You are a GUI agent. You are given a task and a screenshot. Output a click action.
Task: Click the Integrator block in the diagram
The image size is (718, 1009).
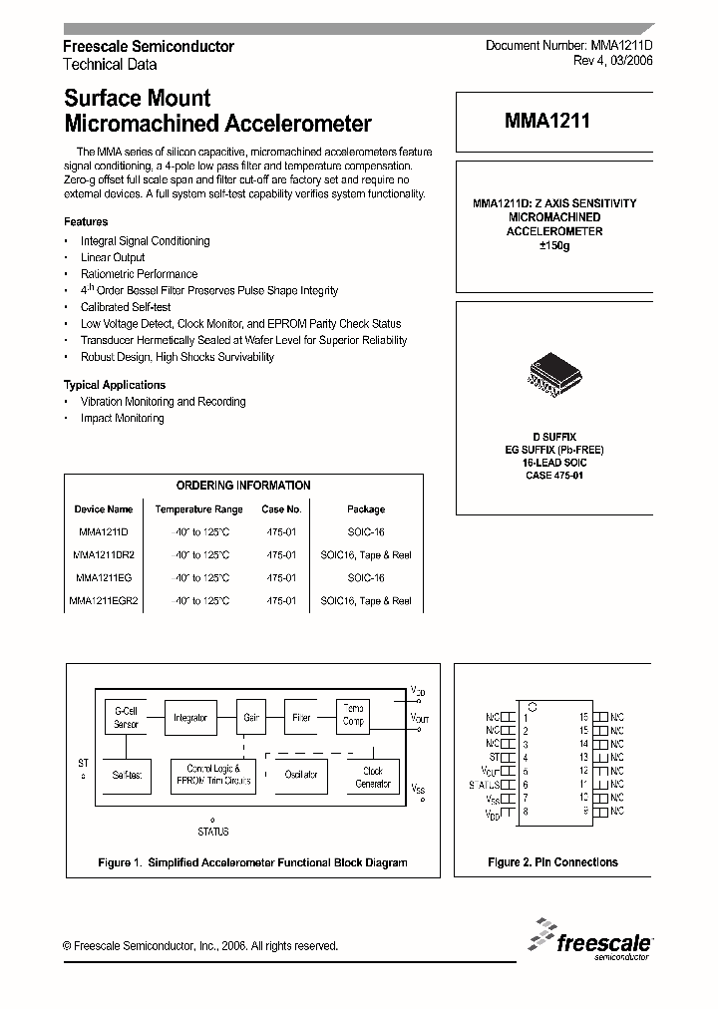point(189,717)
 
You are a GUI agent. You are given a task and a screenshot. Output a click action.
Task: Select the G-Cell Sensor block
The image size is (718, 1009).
point(126,717)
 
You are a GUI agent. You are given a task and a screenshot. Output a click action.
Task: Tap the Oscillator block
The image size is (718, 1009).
point(301,775)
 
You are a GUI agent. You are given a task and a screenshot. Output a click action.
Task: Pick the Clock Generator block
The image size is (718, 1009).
point(373,777)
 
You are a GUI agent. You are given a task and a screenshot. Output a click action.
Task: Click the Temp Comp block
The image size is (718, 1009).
point(354,714)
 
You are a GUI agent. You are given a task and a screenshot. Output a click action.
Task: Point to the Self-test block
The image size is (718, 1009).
point(126,775)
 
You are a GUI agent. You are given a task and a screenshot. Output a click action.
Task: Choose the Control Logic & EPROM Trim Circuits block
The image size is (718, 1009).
point(213,775)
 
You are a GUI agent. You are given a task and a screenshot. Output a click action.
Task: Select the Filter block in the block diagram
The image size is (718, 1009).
point(301,717)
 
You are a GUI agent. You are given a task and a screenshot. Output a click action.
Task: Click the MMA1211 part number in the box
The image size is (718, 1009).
point(546,122)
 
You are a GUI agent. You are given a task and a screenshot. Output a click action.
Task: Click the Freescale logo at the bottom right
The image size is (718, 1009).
point(590,942)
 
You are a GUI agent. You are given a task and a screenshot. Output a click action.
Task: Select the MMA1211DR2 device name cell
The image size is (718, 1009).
point(104,555)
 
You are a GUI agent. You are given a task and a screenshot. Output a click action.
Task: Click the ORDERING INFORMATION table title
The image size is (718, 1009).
point(243,486)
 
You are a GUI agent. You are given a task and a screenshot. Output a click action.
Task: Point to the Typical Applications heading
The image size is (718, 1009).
point(115,385)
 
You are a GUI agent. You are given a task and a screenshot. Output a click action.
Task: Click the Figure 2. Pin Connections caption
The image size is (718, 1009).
point(552,862)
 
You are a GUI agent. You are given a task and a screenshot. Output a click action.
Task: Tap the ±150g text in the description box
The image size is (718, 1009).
point(553,245)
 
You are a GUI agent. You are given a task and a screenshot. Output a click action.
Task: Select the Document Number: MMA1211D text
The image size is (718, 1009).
point(568,46)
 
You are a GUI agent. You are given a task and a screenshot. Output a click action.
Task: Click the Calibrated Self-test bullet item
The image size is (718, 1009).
point(126,307)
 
